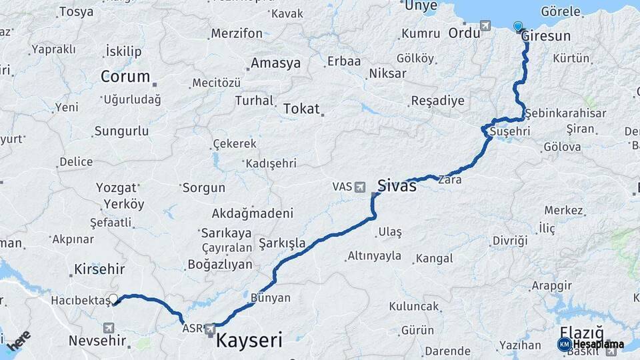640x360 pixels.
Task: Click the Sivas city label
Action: pyautogui.click(x=397, y=185)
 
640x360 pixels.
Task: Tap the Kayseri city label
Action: pyautogui.click(x=249, y=341)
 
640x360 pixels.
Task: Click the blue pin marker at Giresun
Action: pyautogui.click(x=518, y=27)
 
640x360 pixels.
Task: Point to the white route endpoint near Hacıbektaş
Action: pyautogui.click(x=113, y=299)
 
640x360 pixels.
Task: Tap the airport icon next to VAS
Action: pyautogui.click(x=361, y=187)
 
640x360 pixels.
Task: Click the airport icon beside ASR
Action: pyautogui.click(x=210, y=329)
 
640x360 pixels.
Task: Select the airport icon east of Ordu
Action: pyautogui.click(x=485, y=26)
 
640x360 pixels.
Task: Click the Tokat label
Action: pyautogui.click(x=301, y=109)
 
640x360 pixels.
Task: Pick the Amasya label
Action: pyautogui.click(x=275, y=63)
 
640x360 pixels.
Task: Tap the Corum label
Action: pyautogui.click(x=125, y=77)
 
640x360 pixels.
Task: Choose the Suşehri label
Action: pyautogui.click(x=510, y=131)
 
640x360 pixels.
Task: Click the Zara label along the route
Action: pyautogui.click(x=449, y=179)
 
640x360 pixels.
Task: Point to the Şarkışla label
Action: pyautogui.click(x=282, y=243)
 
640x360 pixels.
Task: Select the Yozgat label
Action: pyautogui.click(x=117, y=187)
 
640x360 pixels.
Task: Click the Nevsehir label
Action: pyautogui.click(x=98, y=341)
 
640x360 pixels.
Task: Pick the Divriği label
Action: pyautogui.click(x=509, y=240)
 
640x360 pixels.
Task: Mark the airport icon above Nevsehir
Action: pyautogui.click(x=109, y=327)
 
